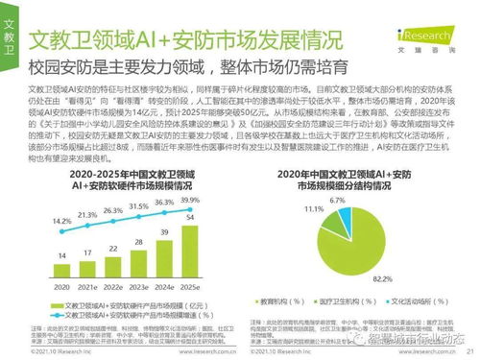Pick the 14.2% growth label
coord(61,220)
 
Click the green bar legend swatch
coord(59,301)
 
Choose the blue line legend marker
coord(59,313)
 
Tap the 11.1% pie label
coord(314,207)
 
